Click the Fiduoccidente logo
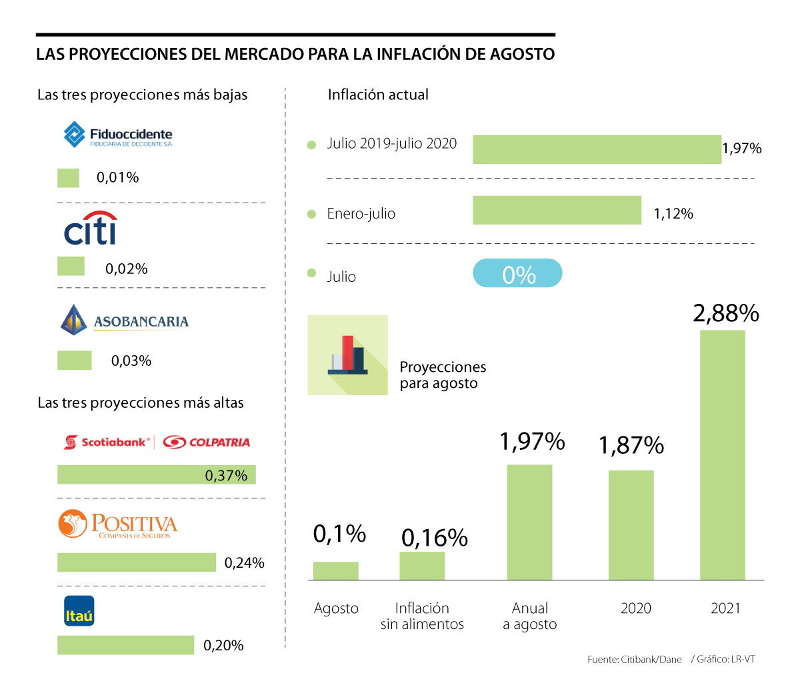(117, 135)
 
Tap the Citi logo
(91, 229)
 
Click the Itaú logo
(79, 611)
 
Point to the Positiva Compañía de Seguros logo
(118, 525)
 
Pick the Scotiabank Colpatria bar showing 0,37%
(156, 474)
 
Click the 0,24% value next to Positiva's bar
(244, 563)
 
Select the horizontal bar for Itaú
(125, 645)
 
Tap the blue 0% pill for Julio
(517, 274)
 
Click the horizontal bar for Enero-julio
(557, 211)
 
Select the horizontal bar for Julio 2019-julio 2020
(597, 149)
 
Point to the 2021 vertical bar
(722, 455)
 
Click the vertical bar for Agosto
(336, 571)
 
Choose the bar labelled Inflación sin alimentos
(422, 566)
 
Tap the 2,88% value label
(726, 313)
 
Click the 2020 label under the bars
(635, 608)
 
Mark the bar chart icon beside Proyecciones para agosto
(347, 355)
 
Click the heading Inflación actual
(378, 95)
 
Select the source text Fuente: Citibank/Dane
(634, 660)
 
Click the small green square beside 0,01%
(68, 178)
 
